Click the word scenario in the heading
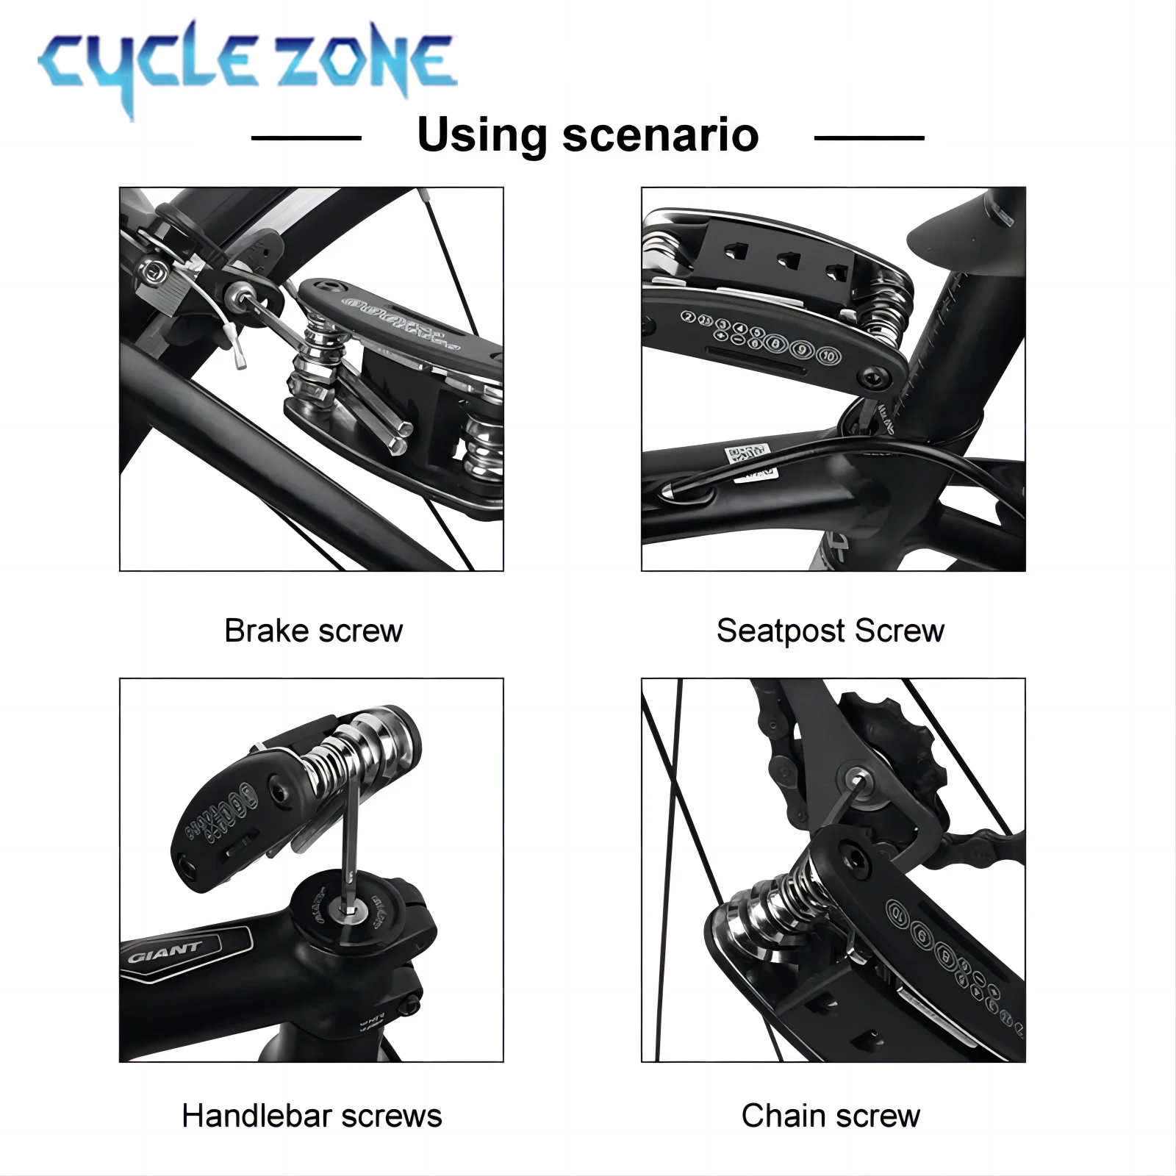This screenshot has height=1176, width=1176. [x=660, y=135]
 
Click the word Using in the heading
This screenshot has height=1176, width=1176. [x=481, y=135]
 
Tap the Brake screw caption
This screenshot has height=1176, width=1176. [x=313, y=631]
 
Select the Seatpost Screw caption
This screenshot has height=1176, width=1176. [x=830, y=631]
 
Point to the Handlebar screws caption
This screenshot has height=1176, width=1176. [x=312, y=1116]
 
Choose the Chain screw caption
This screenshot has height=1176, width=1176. [x=831, y=1116]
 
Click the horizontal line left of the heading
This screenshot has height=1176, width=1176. [x=306, y=137]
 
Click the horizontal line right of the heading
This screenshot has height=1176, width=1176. [x=869, y=137]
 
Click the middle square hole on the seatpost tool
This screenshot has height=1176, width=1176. [x=789, y=259]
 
